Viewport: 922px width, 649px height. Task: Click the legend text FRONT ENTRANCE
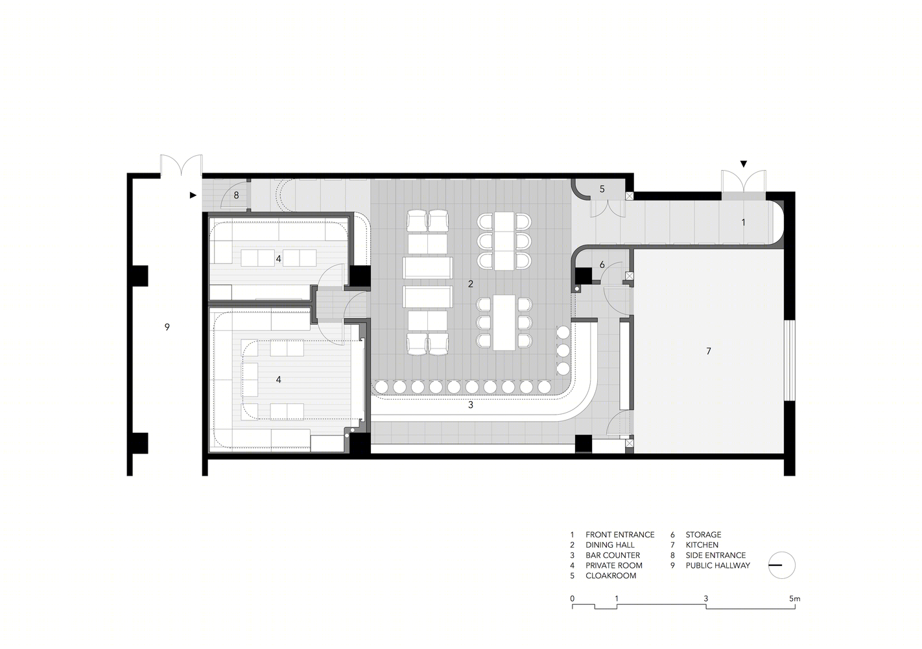[620, 534]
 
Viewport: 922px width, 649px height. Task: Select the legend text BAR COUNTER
[613, 555]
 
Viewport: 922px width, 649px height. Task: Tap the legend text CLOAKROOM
[611, 576]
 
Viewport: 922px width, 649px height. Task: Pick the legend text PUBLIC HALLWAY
[718, 565]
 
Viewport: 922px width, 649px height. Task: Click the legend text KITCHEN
[702, 545]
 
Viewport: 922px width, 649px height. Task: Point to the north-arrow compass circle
[782, 565]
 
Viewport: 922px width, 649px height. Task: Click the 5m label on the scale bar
[795, 599]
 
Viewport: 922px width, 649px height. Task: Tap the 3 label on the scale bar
[706, 599]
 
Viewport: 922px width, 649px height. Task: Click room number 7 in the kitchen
[709, 351]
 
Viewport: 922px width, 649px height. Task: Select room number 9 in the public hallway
[167, 326]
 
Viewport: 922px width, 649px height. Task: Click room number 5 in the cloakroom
[602, 189]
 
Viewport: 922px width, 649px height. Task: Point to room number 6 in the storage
[602, 265]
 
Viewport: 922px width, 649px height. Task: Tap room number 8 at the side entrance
[236, 195]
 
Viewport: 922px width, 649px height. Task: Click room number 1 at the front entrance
[743, 223]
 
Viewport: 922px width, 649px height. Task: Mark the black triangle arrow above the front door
[743, 164]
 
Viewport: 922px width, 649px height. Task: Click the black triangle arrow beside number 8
[193, 195]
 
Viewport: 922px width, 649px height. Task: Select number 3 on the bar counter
[471, 405]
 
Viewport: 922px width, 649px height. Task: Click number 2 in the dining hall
[471, 284]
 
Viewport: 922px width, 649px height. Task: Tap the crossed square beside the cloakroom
[630, 196]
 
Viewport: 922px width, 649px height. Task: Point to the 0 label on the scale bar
[572, 599]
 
